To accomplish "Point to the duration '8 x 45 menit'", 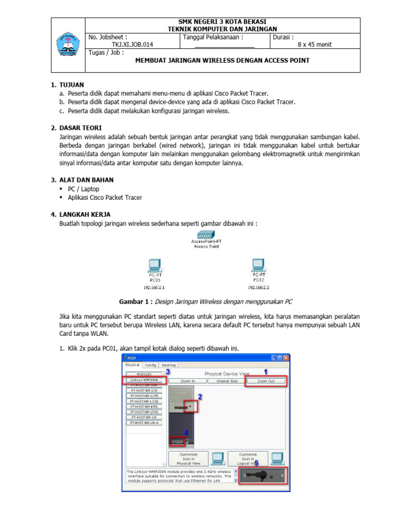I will click(x=314, y=45).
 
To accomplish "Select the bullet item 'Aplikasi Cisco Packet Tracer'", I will click(x=105, y=198).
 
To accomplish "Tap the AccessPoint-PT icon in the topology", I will click(x=206, y=233).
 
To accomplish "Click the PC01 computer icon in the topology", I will click(x=154, y=266).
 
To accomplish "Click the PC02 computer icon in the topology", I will click(x=258, y=265).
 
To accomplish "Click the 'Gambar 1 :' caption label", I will click(x=136, y=302).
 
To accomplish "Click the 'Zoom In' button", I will click(x=188, y=381).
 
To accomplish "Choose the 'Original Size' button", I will click(x=226, y=381).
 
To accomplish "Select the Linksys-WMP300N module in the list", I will click(x=145, y=380).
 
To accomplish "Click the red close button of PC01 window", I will click(x=286, y=358).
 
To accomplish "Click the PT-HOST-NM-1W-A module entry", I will click(x=145, y=422).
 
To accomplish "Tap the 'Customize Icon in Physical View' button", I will click(x=188, y=459).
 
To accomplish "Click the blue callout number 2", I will click(x=200, y=397).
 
